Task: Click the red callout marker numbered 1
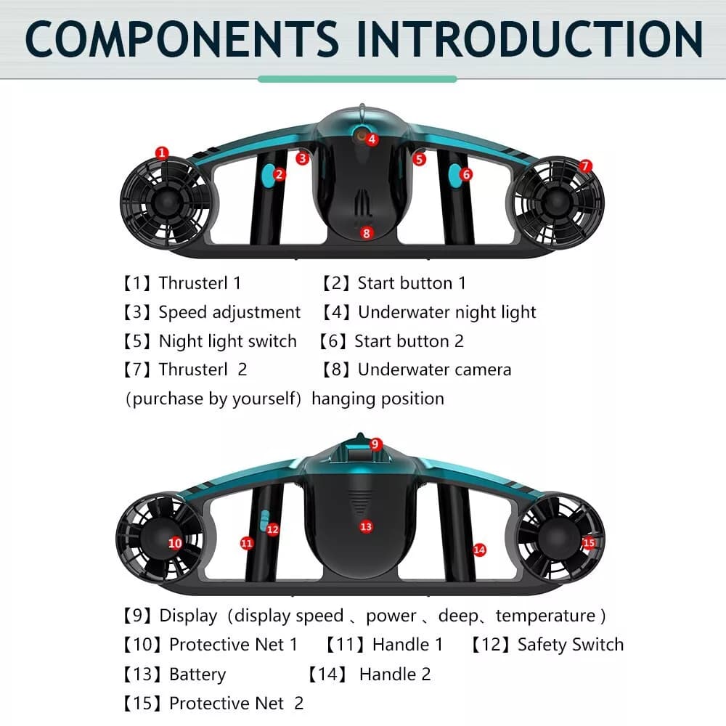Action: pyautogui.click(x=162, y=152)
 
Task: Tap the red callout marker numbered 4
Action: pyautogui.click(x=372, y=139)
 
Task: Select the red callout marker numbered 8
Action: pyautogui.click(x=366, y=233)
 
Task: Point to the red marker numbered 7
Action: pyautogui.click(x=585, y=166)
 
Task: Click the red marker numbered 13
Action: pyautogui.click(x=366, y=526)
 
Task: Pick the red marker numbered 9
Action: pyautogui.click(x=375, y=444)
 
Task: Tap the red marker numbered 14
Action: pyautogui.click(x=479, y=550)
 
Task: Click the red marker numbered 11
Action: pyautogui.click(x=247, y=543)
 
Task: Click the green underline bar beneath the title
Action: pyautogui.click(x=357, y=79)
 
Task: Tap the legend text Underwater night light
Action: pyautogui.click(x=446, y=312)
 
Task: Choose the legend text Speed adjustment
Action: pyautogui.click(x=229, y=312)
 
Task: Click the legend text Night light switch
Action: pyautogui.click(x=227, y=341)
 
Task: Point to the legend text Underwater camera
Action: pyautogui.click(x=434, y=370)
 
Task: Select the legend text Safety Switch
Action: pyautogui.click(x=571, y=645)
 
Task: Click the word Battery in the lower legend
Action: pyautogui.click(x=197, y=674)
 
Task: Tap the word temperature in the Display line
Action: pyautogui.click(x=545, y=616)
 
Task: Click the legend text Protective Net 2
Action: pyautogui.click(x=236, y=703)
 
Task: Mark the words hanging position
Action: pyautogui.click(x=378, y=399)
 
